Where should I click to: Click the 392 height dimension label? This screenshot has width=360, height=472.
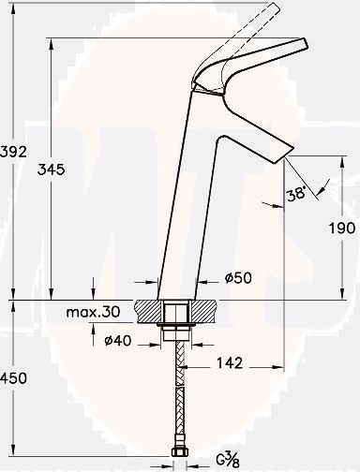pyautogui.click(x=13, y=152)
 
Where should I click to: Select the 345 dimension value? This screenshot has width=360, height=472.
pyautogui.click(x=51, y=170)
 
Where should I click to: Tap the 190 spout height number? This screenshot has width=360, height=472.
pyautogui.click(x=342, y=228)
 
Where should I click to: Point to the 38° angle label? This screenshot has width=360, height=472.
pyautogui.click(x=295, y=195)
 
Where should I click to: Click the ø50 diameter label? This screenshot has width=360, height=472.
pyautogui.click(x=238, y=277)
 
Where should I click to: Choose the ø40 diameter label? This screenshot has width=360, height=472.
pyautogui.click(x=118, y=340)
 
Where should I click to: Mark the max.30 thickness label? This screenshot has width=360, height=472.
pyautogui.click(x=93, y=312)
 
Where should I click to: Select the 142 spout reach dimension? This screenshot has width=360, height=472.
pyautogui.click(x=230, y=362)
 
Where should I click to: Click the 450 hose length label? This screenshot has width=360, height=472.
pyautogui.click(x=13, y=378)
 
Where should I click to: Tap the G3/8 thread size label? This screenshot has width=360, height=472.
pyautogui.click(x=228, y=459)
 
